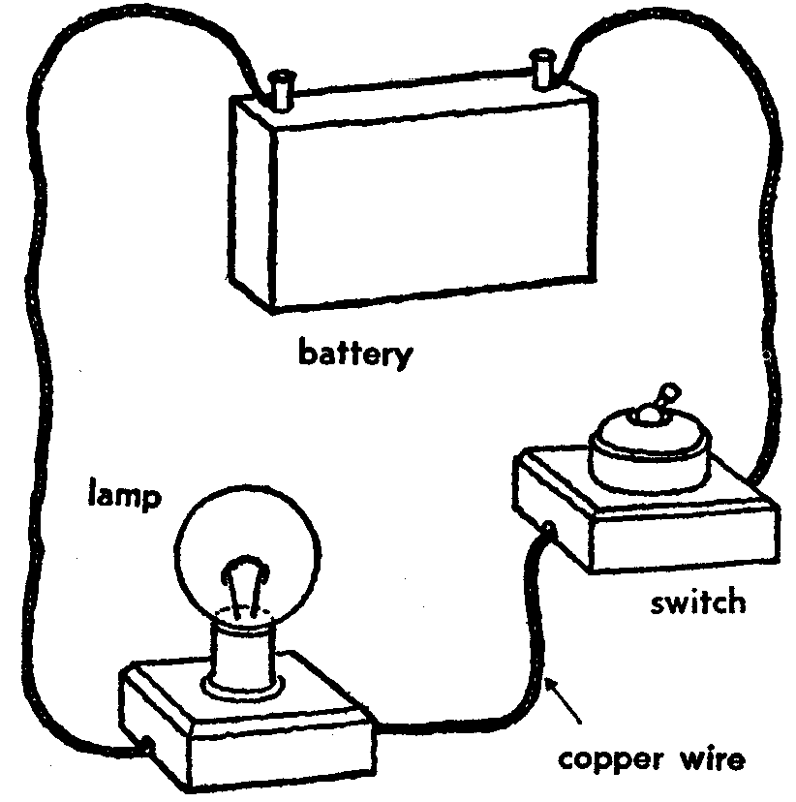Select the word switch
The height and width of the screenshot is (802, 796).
click(x=698, y=602)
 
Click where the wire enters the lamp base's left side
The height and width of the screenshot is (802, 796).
click(x=145, y=746)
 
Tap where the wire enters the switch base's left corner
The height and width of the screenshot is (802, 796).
click(x=549, y=529)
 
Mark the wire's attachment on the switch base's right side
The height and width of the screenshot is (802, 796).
click(x=750, y=477)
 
